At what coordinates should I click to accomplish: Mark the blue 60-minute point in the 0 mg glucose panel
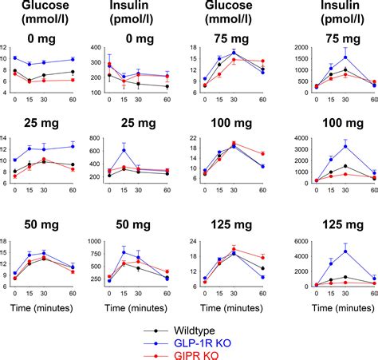click(73, 59)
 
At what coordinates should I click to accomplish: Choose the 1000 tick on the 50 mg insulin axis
click(92, 242)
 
